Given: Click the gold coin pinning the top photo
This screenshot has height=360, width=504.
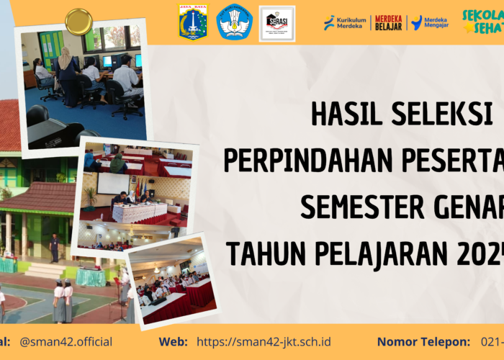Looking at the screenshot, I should (78, 22).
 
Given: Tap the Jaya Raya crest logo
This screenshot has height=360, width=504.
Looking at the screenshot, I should (193, 22).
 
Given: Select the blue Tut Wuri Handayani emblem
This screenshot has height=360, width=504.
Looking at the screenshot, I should (235, 22).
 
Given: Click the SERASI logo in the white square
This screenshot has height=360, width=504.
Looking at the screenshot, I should (277, 22).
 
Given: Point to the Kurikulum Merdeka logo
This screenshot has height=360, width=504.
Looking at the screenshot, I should (345, 22).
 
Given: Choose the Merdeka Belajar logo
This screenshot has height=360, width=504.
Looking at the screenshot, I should (388, 22).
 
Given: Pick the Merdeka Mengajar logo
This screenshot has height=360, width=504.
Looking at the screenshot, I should (430, 22).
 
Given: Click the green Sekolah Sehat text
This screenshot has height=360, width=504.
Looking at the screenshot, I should (482, 22).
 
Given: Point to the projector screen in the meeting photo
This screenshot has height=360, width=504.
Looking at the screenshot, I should (113, 183).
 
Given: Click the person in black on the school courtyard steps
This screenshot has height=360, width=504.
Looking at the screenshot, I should (53, 248).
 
